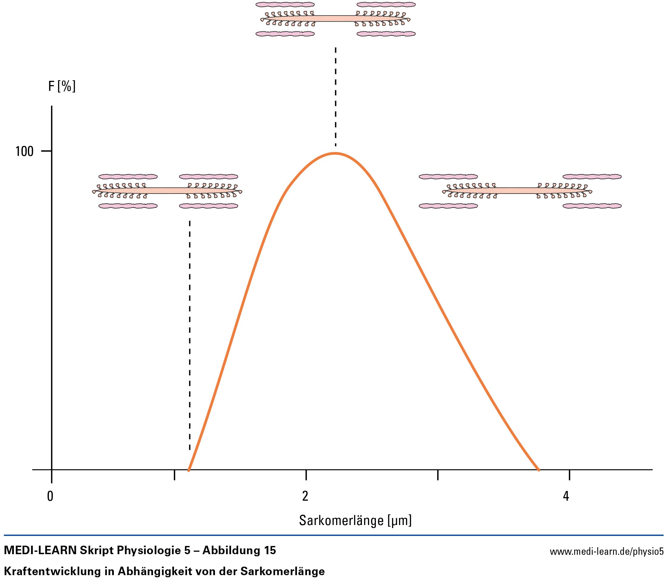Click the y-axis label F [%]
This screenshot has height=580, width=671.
[62, 87]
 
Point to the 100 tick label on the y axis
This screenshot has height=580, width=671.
[24, 151]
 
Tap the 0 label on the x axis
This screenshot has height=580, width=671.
[50, 496]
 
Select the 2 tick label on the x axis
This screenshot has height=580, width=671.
[305, 496]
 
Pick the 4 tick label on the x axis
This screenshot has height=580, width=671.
[566, 496]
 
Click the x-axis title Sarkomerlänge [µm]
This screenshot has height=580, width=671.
[355, 520]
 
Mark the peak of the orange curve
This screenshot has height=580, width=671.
[335, 153]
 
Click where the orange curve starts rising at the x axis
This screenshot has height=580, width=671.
[189, 469]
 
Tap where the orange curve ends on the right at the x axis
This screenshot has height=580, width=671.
[538, 469]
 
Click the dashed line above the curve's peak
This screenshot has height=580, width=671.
[335, 97]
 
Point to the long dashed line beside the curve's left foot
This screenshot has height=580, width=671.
[190, 334]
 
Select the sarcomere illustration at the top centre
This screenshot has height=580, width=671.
[335, 19]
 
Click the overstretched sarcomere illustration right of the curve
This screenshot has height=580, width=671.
[520, 191]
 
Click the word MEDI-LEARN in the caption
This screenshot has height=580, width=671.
[40, 550]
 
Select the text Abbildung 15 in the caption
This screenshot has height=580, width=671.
[239, 550]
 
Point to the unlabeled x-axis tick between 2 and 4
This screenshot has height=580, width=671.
[438, 475]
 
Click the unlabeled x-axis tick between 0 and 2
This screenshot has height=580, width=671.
[175, 475]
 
